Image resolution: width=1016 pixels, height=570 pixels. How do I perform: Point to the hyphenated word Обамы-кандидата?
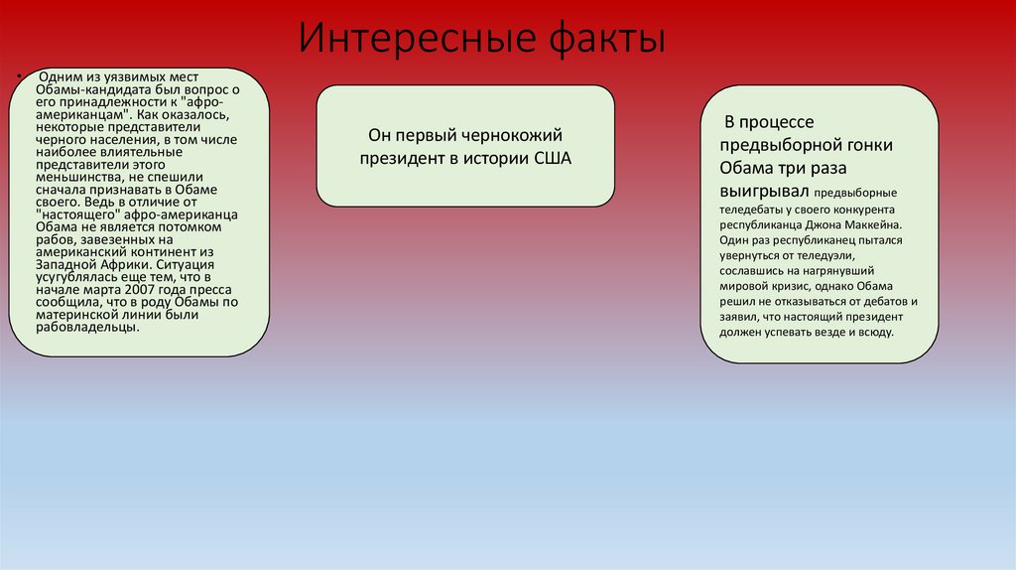(x=90, y=90)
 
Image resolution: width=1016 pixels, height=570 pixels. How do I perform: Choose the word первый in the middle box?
(x=439, y=134)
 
